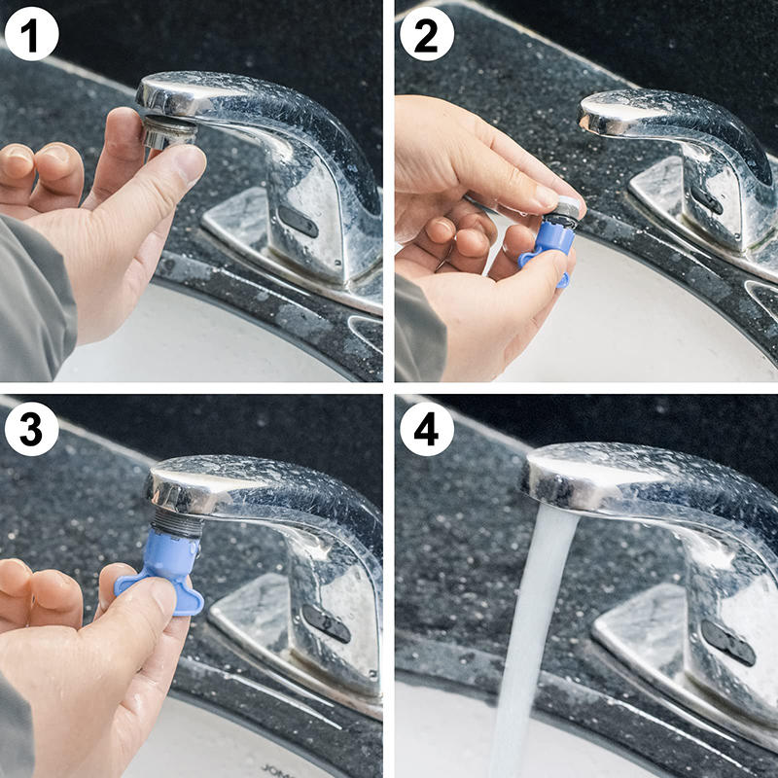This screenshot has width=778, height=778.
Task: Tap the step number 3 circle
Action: tap(31, 428)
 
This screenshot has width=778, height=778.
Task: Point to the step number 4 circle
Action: tap(426, 428)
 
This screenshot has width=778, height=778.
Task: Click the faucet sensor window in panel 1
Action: tap(298, 222)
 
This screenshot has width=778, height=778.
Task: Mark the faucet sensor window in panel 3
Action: tap(325, 622)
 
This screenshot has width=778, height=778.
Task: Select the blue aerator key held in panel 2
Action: tap(548, 243)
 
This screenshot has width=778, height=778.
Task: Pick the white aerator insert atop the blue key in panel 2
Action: tap(565, 209)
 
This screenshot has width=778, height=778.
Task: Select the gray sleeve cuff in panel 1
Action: tap(34, 292)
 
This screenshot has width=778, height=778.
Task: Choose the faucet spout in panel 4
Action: tap(622, 477)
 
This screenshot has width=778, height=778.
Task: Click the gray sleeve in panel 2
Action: tap(418, 331)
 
